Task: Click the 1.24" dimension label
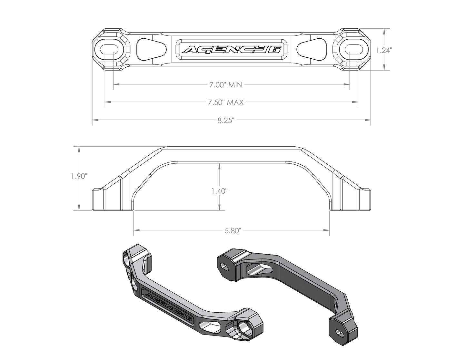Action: click(384, 50)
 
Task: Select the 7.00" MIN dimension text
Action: click(225, 85)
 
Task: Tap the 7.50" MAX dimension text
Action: click(225, 102)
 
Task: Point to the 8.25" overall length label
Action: click(225, 121)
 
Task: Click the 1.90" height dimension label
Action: click(79, 176)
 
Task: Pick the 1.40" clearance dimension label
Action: click(220, 191)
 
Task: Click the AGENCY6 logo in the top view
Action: click(232, 50)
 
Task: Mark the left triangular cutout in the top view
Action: click(151, 50)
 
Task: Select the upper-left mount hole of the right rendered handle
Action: click(223, 266)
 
